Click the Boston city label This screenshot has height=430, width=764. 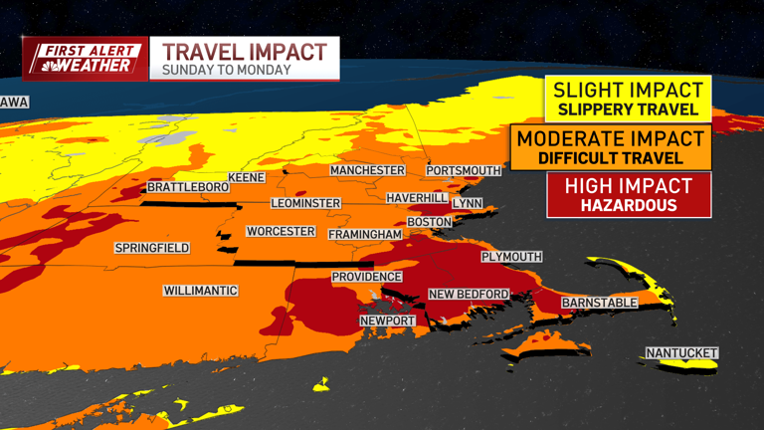pos(430,221)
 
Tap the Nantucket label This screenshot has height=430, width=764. pos(681,353)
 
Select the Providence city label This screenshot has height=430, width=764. pos(367,277)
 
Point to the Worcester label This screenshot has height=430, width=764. pos(281,232)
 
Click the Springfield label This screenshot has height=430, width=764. pos(152,248)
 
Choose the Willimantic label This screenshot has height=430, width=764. pos(201,291)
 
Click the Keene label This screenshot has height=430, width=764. pos(246,177)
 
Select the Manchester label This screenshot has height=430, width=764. pos(368,170)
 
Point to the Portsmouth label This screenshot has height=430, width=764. pos(462,170)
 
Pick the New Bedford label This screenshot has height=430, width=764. pos(469,294)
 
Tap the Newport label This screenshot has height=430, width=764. pos(388,321)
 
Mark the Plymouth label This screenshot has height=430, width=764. pos(511,257)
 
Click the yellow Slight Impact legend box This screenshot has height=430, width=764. pos(627,99)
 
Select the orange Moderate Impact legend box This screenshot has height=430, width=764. pos(612,146)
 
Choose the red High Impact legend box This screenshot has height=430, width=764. pos(628,194)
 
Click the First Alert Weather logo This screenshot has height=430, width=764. pos(85,59)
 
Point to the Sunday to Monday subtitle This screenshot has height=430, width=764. pos(227,70)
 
